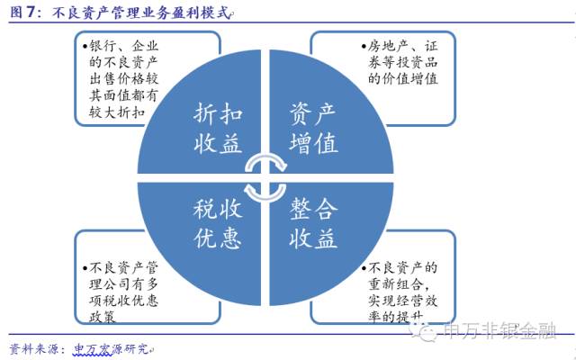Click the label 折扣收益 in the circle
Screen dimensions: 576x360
pyautogui.click(x=218, y=127)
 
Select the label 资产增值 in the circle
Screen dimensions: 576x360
pyautogui.click(x=312, y=127)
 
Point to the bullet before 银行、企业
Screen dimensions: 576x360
pyautogui.click(x=83, y=46)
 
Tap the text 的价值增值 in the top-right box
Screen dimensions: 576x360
pyautogui.click(x=403, y=79)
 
